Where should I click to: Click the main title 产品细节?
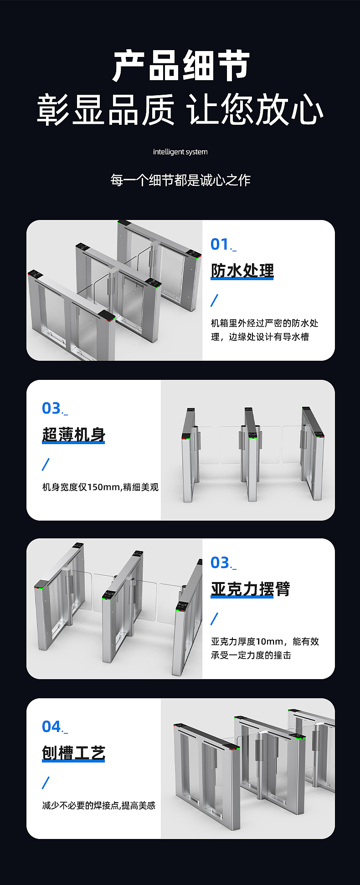click(x=180, y=67)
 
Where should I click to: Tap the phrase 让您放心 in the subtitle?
click(x=255, y=110)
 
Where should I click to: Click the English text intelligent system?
click(x=180, y=152)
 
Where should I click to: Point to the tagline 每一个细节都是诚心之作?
click(x=180, y=180)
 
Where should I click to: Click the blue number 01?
click(x=220, y=244)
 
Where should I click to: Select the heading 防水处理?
click(x=242, y=271)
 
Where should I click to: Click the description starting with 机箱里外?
click(x=264, y=330)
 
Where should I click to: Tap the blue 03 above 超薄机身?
click(x=51, y=408)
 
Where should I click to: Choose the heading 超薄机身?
click(x=73, y=435)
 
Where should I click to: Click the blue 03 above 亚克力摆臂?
click(x=220, y=563)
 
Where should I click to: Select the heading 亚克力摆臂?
click(x=250, y=589)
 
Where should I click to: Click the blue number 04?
click(x=51, y=726)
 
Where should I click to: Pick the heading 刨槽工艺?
click(x=73, y=752)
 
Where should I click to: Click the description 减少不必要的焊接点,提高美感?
click(x=99, y=805)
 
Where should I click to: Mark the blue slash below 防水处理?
click(x=214, y=301)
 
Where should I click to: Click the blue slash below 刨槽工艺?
click(x=46, y=783)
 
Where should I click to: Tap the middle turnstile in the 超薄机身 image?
click(x=250, y=455)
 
